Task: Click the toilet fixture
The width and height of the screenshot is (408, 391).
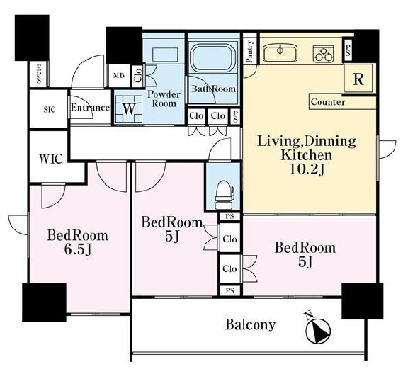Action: (x=225, y=195)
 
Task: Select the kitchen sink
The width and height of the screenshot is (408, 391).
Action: (x=280, y=53)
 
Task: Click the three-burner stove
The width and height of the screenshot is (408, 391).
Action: (x=324, y=54)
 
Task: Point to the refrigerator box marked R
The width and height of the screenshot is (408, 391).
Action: (x=358, y=79)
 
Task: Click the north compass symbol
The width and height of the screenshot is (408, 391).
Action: (x=317, y=329)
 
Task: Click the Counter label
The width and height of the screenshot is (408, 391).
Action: (x=328, y=102)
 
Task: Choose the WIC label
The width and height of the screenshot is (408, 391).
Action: (x=51, y=159)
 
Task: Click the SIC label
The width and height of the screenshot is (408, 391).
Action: (x=49, y=110)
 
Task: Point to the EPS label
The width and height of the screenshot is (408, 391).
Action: (x=39, y=74)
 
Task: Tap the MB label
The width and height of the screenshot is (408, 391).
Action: (x=119, y=76)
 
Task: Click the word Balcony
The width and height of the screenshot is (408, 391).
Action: (x=250, y=324)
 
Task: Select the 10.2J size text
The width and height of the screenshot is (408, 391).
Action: (x=307, y=169)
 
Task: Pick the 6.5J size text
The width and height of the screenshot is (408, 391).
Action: (x=77, y=250)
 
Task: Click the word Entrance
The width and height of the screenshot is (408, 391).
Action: (x=90, y=108)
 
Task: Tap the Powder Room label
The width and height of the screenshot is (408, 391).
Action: (x=164, y=98)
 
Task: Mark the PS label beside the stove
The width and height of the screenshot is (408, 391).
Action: (x=348, y=50)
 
